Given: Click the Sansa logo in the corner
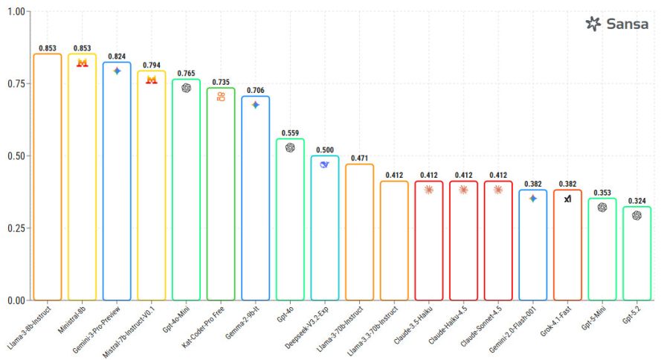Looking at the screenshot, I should click(x=616, y=24).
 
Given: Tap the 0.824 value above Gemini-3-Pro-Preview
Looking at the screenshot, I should click(x=117, y=57).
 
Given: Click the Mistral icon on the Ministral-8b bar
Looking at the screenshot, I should click(x=83, y=63).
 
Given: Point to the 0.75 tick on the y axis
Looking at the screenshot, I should click(x=16, y=84).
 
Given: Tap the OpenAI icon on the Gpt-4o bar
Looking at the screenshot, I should click(x=290, y=147).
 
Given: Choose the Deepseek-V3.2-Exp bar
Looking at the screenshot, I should click(x=325, y=228).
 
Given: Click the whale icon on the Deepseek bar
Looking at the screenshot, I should click(x=324, y=164).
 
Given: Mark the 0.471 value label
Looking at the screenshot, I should click(x=360, y=158).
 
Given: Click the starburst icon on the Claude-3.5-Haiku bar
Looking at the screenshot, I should click(x=429, y=190).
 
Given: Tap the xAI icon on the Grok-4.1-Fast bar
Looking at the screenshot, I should click(x=567, y=199).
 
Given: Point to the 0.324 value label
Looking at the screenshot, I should click(x=637, y=201).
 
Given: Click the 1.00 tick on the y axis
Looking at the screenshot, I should click(x=16, y=12).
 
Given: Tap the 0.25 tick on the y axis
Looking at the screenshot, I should click(x=16, y=228).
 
